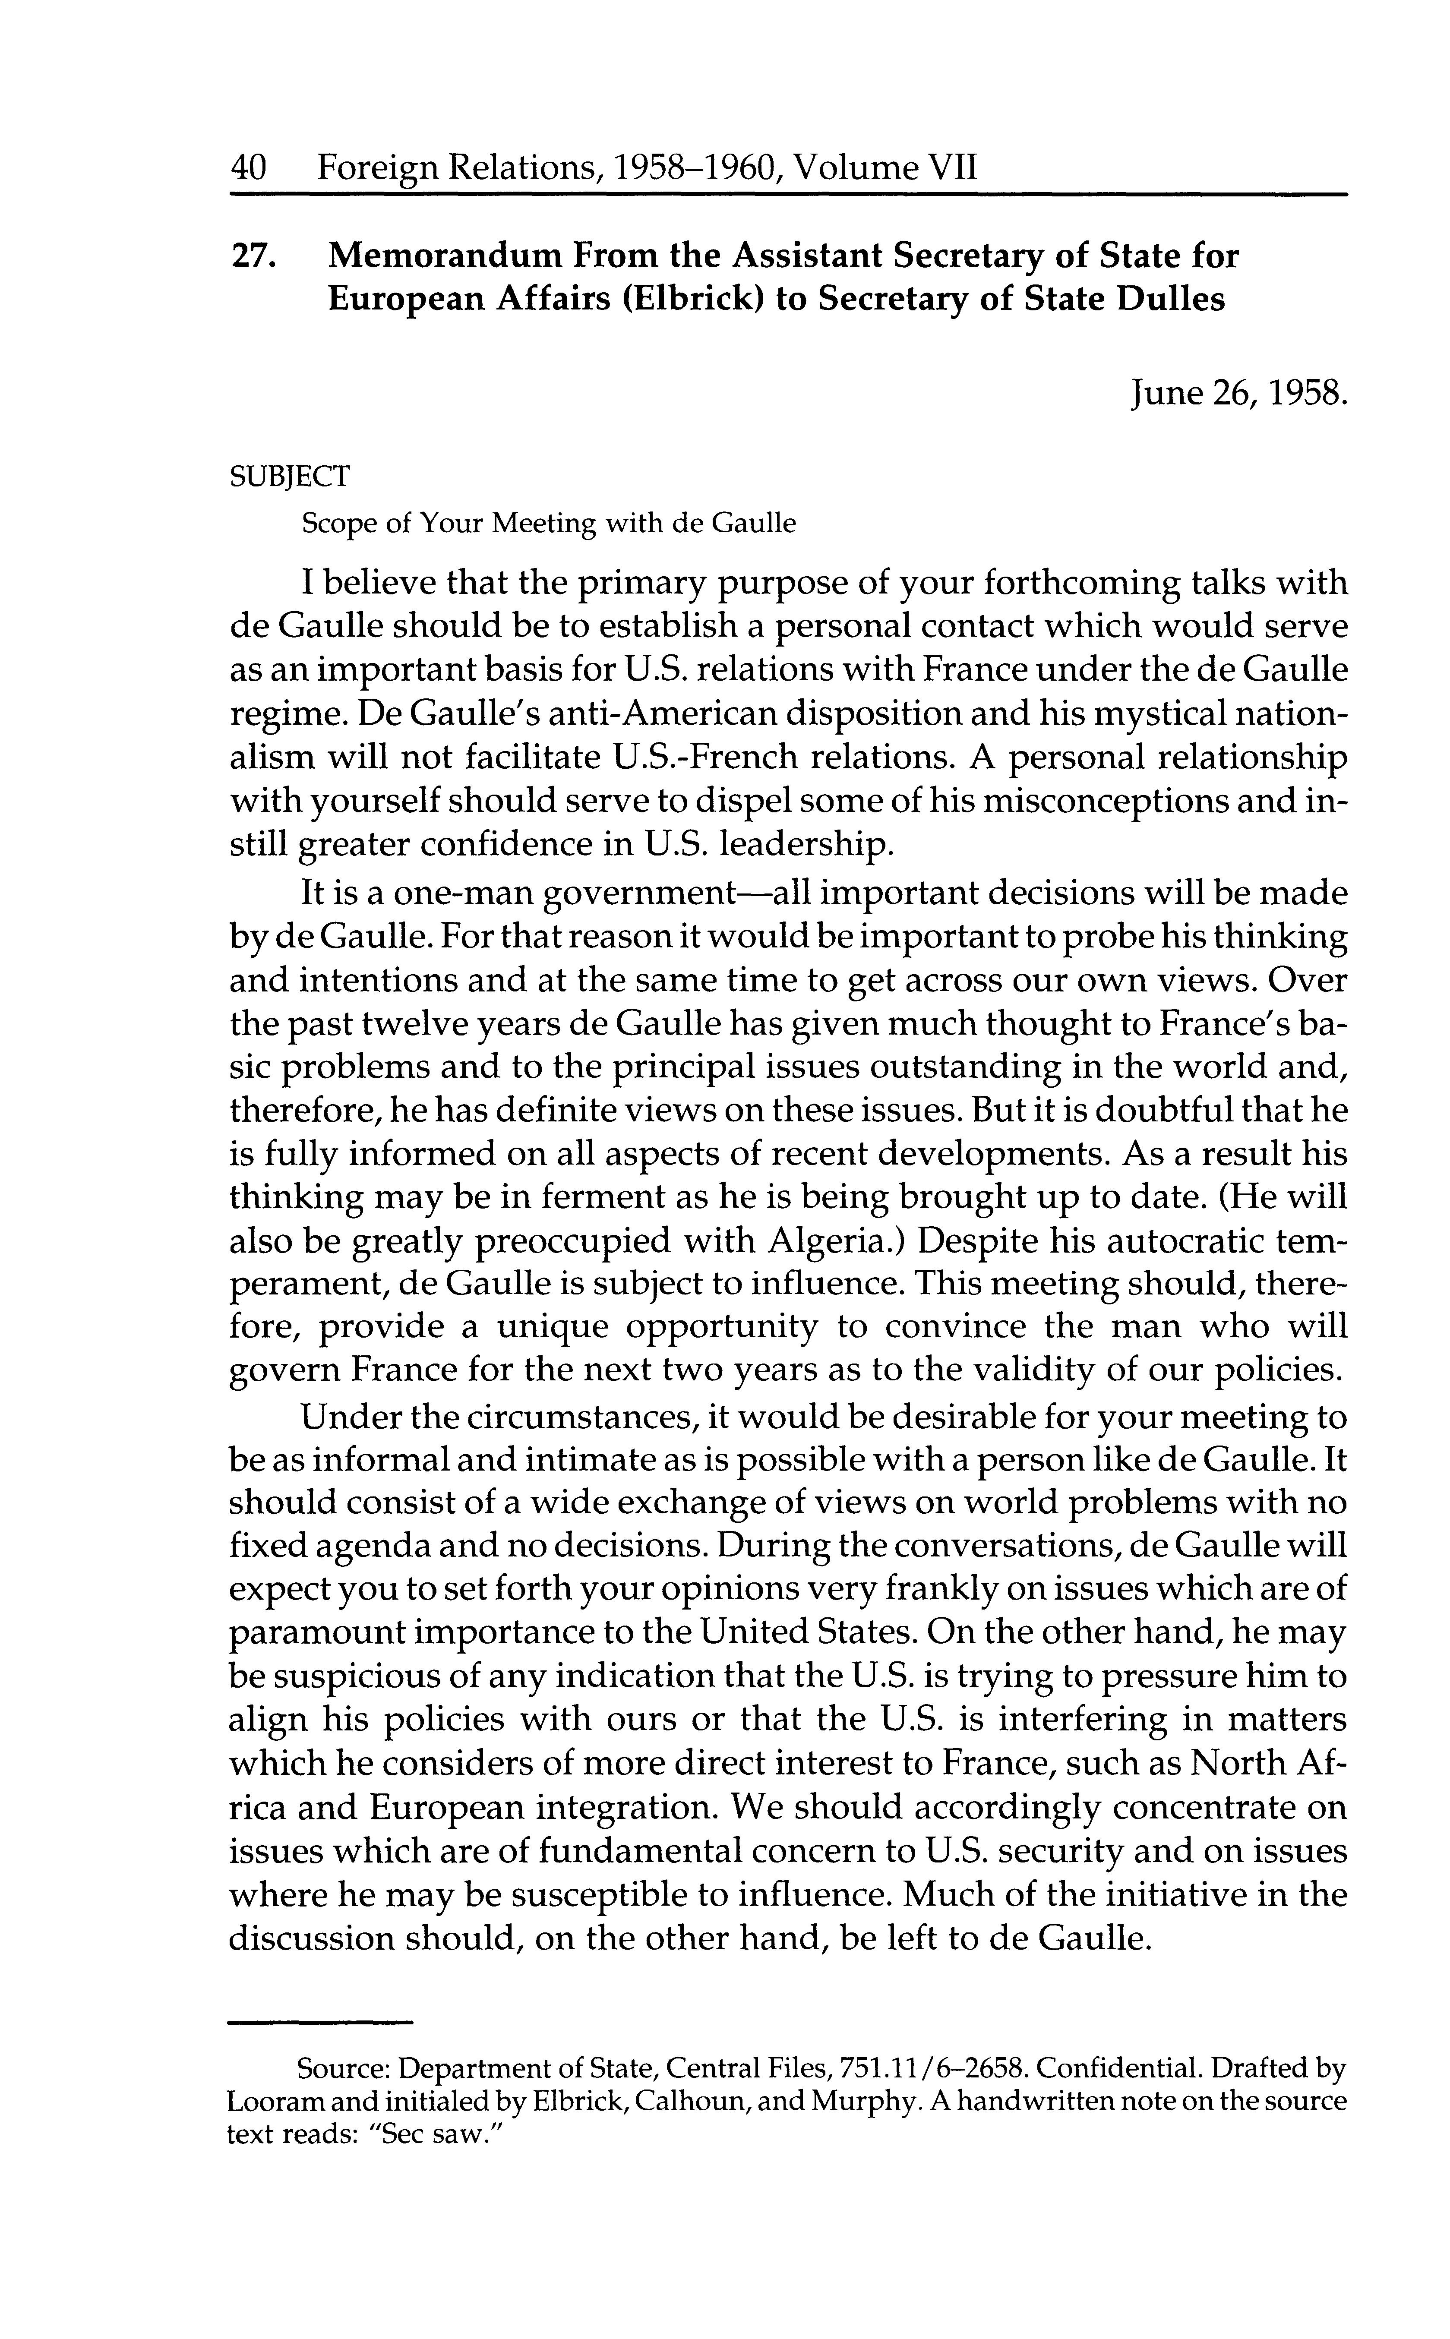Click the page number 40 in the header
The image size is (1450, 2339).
(248, 169)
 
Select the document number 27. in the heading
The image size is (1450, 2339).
(254, 257)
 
